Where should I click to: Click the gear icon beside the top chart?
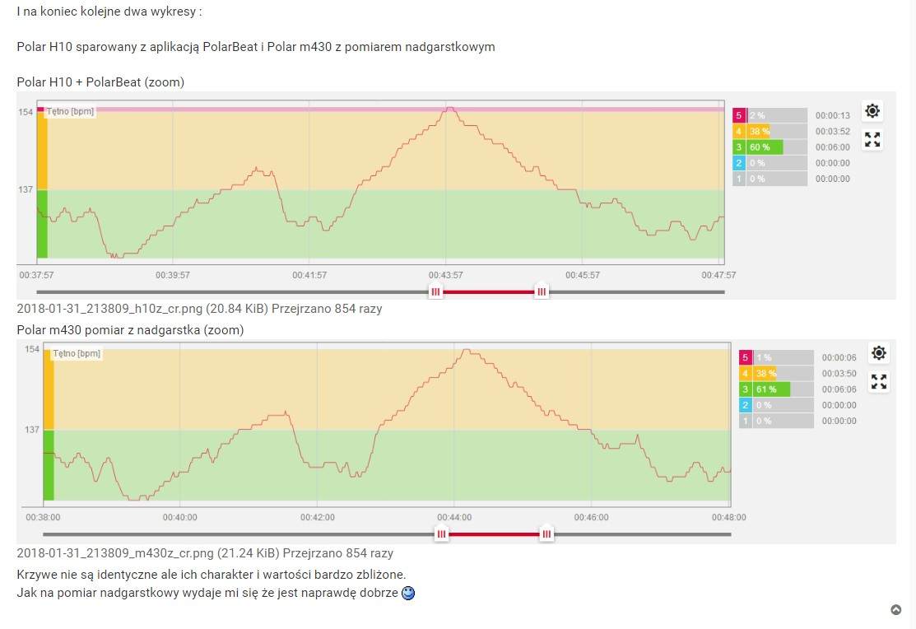pos(872,111)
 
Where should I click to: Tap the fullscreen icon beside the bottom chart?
pos(879,381)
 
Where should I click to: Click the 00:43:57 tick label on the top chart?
pos(445,275)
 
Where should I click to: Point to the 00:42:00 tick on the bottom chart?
pos(317,517)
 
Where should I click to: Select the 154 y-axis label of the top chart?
pos(26,112)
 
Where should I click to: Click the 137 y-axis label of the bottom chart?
pos(32,430)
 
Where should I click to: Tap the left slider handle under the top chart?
pos(436,291)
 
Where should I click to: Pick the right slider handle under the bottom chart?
pos(546,534)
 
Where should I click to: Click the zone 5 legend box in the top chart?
pos(739,116)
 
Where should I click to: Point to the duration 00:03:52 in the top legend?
pos(832,132)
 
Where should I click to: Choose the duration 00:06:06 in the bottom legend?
pos(839,389)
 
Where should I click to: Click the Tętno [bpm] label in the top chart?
pos(70,111)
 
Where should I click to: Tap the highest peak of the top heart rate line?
pos(449,108)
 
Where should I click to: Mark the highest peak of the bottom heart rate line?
pos(467,350)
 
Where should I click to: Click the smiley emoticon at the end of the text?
pos(408,593)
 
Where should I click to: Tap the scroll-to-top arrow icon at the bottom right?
pos(896,610)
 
